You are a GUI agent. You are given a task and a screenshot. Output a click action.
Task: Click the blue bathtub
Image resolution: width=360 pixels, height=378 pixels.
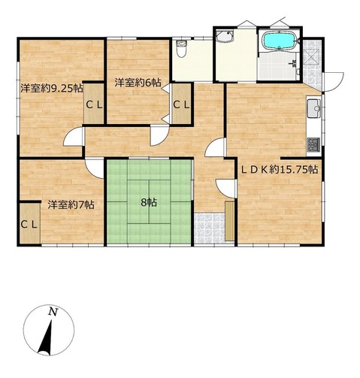(280, 41)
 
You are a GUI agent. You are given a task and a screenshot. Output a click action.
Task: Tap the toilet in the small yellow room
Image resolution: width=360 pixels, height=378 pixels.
(181, 48)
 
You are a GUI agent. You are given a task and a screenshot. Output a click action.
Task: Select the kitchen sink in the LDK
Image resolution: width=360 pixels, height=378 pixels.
(314, 108)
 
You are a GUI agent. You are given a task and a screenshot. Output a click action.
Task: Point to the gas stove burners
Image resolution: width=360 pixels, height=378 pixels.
(313, 144)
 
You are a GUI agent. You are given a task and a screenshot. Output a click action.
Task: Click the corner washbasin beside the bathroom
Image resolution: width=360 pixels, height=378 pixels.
(225, 36)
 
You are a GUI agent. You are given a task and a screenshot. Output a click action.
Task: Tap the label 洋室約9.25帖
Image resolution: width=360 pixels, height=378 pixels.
(52, 89)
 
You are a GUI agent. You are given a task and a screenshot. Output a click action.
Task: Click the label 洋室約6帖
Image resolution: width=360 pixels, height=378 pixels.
(138, 83)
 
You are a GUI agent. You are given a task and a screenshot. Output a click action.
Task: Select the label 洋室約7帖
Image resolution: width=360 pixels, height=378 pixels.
(71, 205)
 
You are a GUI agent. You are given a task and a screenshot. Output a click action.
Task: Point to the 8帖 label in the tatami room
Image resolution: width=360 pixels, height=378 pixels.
(149, 202)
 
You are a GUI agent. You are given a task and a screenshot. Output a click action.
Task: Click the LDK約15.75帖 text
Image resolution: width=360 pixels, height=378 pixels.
(280, 170)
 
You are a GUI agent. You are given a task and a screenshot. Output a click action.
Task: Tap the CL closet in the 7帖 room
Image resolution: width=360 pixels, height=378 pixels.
(29, 225)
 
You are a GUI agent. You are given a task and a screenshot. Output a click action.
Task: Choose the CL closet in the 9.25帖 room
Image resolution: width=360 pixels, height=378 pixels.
(94, 104)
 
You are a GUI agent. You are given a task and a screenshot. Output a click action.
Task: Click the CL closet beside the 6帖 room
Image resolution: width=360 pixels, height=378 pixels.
(181, 104)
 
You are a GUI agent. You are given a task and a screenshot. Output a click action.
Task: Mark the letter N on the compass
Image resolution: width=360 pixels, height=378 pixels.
(53, 312)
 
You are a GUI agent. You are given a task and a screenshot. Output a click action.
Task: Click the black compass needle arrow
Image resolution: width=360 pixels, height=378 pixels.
(47, 338)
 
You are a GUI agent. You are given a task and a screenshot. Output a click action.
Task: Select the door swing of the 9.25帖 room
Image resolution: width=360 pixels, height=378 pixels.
(73, 137)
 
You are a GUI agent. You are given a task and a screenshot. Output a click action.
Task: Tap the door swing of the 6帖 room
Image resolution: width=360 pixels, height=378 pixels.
(159, 136)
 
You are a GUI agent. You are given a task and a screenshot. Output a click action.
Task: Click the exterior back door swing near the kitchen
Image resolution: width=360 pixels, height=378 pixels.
(333, 82)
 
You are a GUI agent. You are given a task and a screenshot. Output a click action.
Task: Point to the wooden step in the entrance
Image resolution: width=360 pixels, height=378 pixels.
(229, 221)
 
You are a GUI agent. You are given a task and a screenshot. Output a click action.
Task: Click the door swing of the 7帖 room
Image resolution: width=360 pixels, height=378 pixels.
(95, 168)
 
